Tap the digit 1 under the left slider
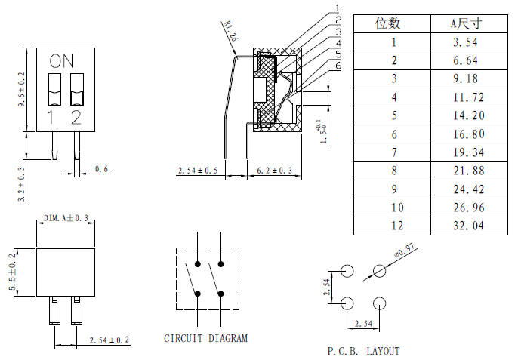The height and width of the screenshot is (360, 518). click(x=51, y=117)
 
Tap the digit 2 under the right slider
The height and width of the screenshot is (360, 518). click(x=76, y=117)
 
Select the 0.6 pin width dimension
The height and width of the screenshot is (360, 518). click(x=102, y=169)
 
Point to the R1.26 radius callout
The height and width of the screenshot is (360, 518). click(x=230, y=32)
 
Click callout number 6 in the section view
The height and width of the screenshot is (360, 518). click(x=338, y=66)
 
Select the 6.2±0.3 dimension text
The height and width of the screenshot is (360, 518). click(x=275, y=171)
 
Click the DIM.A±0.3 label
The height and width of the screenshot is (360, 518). click(x=66, y=218)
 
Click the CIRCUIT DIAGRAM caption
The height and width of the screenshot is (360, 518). click(x=205, y=338)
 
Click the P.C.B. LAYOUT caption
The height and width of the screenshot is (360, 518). click(x=363, y=351)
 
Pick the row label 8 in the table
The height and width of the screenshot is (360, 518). click(x=393, y=171)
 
